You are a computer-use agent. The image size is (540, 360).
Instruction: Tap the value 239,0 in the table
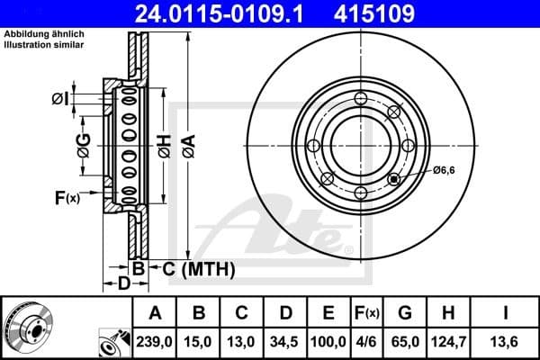[x=155, y=342]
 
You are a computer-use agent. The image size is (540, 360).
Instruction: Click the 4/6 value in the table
[x=366, y=342]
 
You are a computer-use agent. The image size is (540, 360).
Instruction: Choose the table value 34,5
[x=287, y=342]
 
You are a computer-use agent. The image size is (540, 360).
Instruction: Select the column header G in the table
[x=405, y=314]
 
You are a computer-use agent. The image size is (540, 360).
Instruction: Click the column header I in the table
[x=507, y=314]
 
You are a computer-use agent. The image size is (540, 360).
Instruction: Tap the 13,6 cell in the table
[x=507, y=342]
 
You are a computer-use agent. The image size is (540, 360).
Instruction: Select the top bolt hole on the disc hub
[x=361, y=99]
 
